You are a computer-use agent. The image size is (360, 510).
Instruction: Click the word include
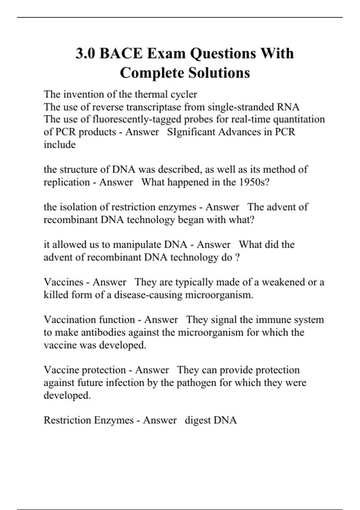(x=59, y=145)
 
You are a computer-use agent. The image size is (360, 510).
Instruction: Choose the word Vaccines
(x=63, y=282)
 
